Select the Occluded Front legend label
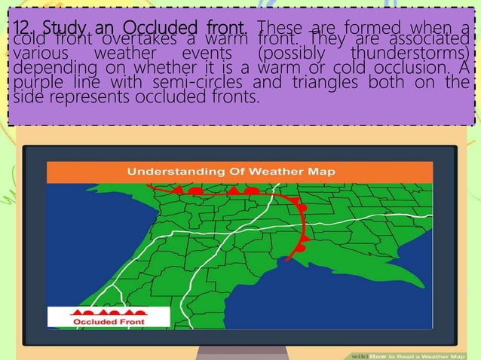click(107, 322)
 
